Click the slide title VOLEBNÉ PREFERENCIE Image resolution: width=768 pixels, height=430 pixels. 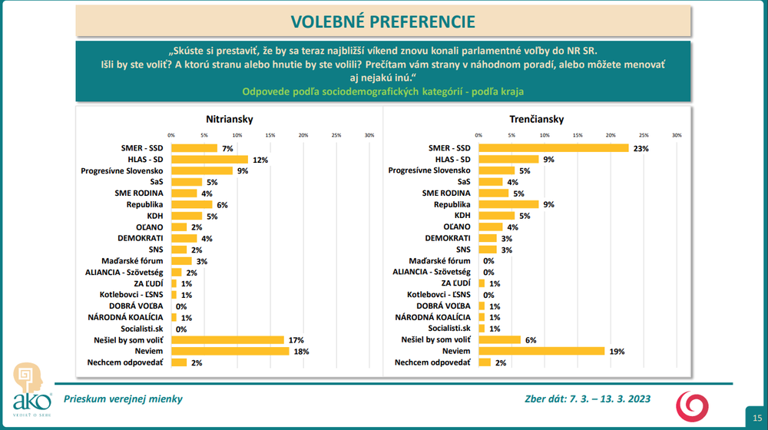[382, 21]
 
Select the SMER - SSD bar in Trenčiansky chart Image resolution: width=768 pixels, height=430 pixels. [553, 148]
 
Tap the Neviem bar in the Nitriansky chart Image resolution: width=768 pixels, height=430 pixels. [230, 351]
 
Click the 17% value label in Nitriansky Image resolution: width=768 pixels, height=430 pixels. [296, 339]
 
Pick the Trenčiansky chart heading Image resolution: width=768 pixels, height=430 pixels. [536, 119]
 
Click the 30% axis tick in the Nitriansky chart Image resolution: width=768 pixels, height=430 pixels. [369, 135]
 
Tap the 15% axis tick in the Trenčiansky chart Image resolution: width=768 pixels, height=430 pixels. [578, 135]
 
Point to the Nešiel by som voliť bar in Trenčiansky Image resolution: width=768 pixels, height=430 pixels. [499, 339]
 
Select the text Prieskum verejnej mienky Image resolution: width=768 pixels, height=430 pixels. [123, 399]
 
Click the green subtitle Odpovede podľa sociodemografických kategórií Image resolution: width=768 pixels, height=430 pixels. [382, 92]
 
